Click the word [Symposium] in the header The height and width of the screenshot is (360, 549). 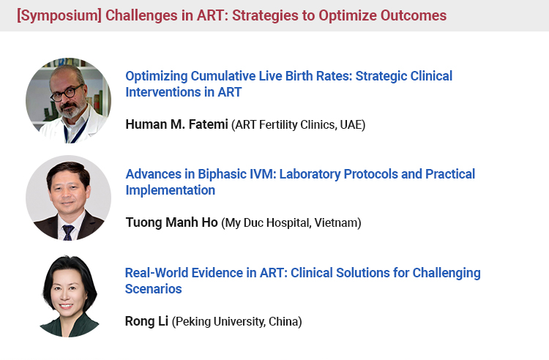coord(59,16)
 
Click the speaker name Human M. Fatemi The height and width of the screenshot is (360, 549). coord(177,124)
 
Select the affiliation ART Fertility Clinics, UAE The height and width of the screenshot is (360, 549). coord(299,124)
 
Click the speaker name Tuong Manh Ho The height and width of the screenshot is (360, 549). coord(171,222)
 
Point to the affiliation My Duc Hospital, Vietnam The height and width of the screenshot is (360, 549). coord(291,222)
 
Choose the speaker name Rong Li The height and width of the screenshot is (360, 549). coord(146,320)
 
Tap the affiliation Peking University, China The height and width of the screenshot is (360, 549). coord(236,321)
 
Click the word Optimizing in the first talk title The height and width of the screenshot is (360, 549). coord(157,76)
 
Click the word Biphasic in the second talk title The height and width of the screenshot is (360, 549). coord(222,174)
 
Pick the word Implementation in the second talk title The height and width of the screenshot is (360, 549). coord(170,190)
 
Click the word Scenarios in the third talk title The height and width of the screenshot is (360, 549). coord(154,289)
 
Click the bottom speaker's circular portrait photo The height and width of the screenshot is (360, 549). coord(69,296)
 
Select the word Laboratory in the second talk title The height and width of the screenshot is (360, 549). coord(310,174)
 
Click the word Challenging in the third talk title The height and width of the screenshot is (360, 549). coord(447,273)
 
